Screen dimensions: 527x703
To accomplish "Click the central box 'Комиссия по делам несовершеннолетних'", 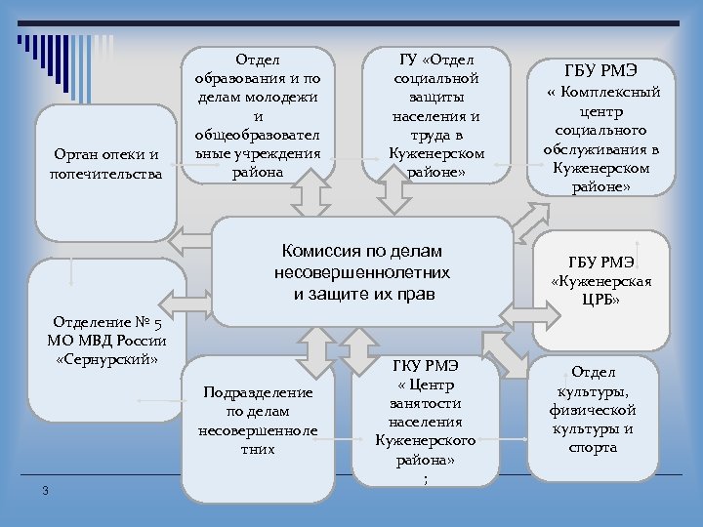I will [361, 272].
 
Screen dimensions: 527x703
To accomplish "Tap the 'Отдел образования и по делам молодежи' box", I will [257, 115].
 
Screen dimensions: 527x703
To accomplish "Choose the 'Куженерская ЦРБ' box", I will [601, 283].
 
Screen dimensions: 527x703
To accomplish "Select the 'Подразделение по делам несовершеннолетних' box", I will [258, 422].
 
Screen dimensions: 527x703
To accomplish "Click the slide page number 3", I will [45, 490].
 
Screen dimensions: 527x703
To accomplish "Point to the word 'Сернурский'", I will [106, 358].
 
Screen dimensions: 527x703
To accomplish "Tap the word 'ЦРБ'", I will [601, 301].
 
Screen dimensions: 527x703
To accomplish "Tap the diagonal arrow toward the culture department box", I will [504, 349].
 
